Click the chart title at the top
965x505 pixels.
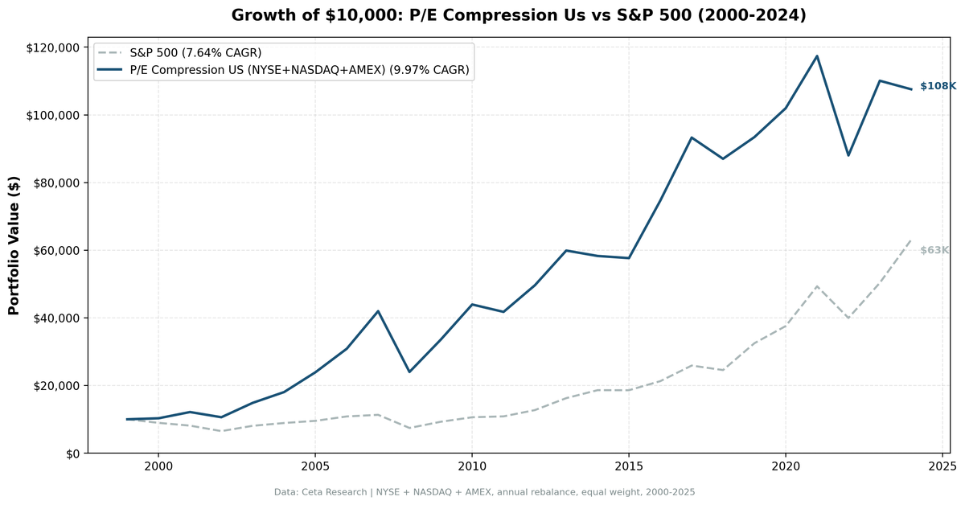[x=518, y=15]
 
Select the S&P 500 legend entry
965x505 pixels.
[x=195, y=53]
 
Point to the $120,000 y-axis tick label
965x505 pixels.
[x=52, y=47]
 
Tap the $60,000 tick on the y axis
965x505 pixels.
[x=55, y=250]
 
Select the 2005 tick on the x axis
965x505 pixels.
[x=314, y=466]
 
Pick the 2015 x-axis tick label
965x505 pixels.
[x=628, y=466]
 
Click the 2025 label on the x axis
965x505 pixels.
[x=942, y=466]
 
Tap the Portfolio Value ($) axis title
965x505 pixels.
[x=14, y=245]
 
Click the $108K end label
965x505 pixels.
[x=938, y=86]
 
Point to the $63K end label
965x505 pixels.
[x=934, y=251]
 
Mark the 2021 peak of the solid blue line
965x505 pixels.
[x=817, y=55]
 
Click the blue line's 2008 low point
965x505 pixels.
[x=409, y=372]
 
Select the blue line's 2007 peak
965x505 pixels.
[x=378, y=311]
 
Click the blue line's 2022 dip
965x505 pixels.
[x=848, y=155]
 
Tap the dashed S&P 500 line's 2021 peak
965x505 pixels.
[x=817, y=286]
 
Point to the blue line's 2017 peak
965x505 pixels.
[x=692, y=138]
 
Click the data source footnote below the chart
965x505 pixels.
[x=484, y=491]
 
